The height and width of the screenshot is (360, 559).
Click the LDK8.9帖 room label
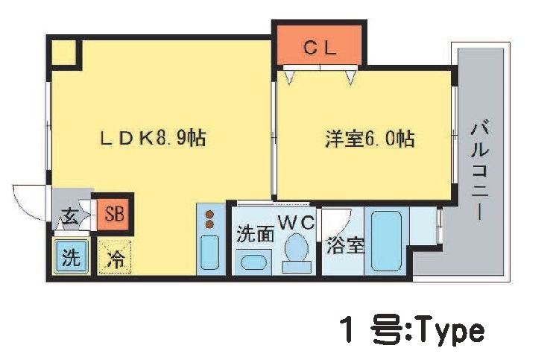pyautogui.click(x=153, y=139)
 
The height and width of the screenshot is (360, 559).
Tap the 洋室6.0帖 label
pyautogui.click(x=370, y=139)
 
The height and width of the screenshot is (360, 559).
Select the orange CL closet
pyautogui.click(x=320, y=45)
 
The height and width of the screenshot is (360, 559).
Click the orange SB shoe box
pyautogui.click(x=115, y=215)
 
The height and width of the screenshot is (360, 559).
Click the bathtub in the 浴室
pyautogui.click(x=386, y=241)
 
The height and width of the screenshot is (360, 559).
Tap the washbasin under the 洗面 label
pyautogui.click(x=254, y=262)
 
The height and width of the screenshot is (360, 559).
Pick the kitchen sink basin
pyautogui.click(x=209, y=253)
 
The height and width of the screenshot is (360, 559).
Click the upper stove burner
pyautogui.click(x=209, y=215)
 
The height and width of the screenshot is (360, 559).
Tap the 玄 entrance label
pyautogui.click(x=70, y=216)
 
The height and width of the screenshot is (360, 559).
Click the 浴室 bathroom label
pyautogui.click(x=345, y=245)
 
